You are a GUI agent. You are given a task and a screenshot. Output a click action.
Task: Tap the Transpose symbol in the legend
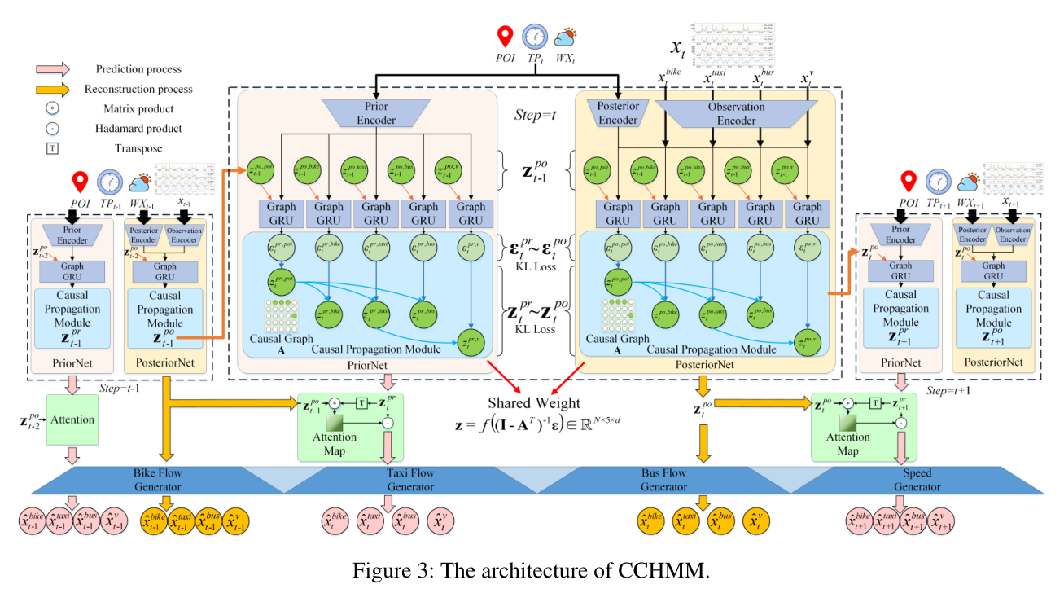[53, 147]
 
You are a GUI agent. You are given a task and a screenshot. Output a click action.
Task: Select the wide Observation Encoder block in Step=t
[735, 112]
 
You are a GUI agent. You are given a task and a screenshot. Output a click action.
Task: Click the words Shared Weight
[534, 402]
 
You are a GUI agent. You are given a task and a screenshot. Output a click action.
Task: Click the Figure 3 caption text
[531, 570]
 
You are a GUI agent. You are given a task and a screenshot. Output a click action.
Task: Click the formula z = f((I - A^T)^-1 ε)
[541, 424]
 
